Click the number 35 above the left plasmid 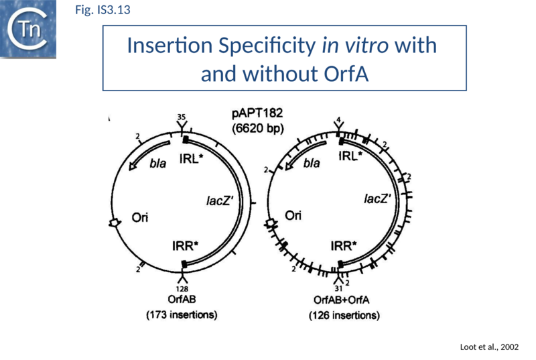pos(181,117)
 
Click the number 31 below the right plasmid pos(339,289)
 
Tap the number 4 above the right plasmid pos(338,120)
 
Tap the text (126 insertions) pos(344,314)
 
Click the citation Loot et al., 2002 pos(490,347)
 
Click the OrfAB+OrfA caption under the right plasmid pos(340,300)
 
